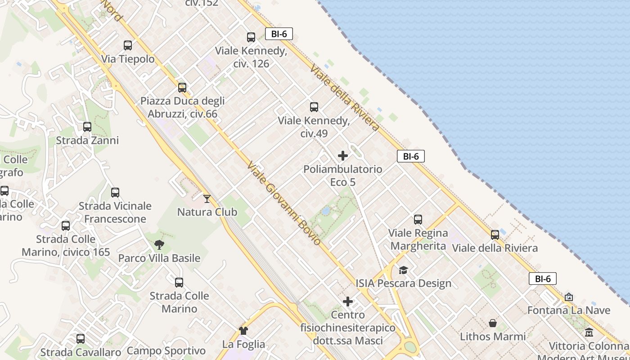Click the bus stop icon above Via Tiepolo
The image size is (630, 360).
point(128,45)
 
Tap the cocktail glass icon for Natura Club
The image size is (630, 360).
point(207,198)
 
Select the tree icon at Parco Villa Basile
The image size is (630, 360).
point(159,245)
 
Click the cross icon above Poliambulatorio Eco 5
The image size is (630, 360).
point(343,156)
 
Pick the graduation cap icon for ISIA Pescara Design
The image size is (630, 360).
point(403,270)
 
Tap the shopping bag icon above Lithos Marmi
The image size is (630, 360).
point(493,323)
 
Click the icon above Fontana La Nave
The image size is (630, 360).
point(569,297)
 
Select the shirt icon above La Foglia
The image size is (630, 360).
point(243,331)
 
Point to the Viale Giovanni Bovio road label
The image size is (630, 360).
point(284,203)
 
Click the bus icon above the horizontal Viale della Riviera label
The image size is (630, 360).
point(495,234)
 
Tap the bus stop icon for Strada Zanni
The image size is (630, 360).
point(87,127)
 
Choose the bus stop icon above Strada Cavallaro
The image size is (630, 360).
point(81,338)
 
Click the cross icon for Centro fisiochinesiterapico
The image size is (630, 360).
point(348,301)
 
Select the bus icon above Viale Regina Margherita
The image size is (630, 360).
point(418,220)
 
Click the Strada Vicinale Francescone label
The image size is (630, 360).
point(115,212)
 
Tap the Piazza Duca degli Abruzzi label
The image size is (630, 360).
point(182,107)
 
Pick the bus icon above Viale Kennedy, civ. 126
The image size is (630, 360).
point(251,37)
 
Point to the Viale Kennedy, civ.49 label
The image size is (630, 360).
point(314,127)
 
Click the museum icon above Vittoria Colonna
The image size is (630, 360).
point(589,333)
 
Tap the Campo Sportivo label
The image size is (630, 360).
point(166,351)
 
